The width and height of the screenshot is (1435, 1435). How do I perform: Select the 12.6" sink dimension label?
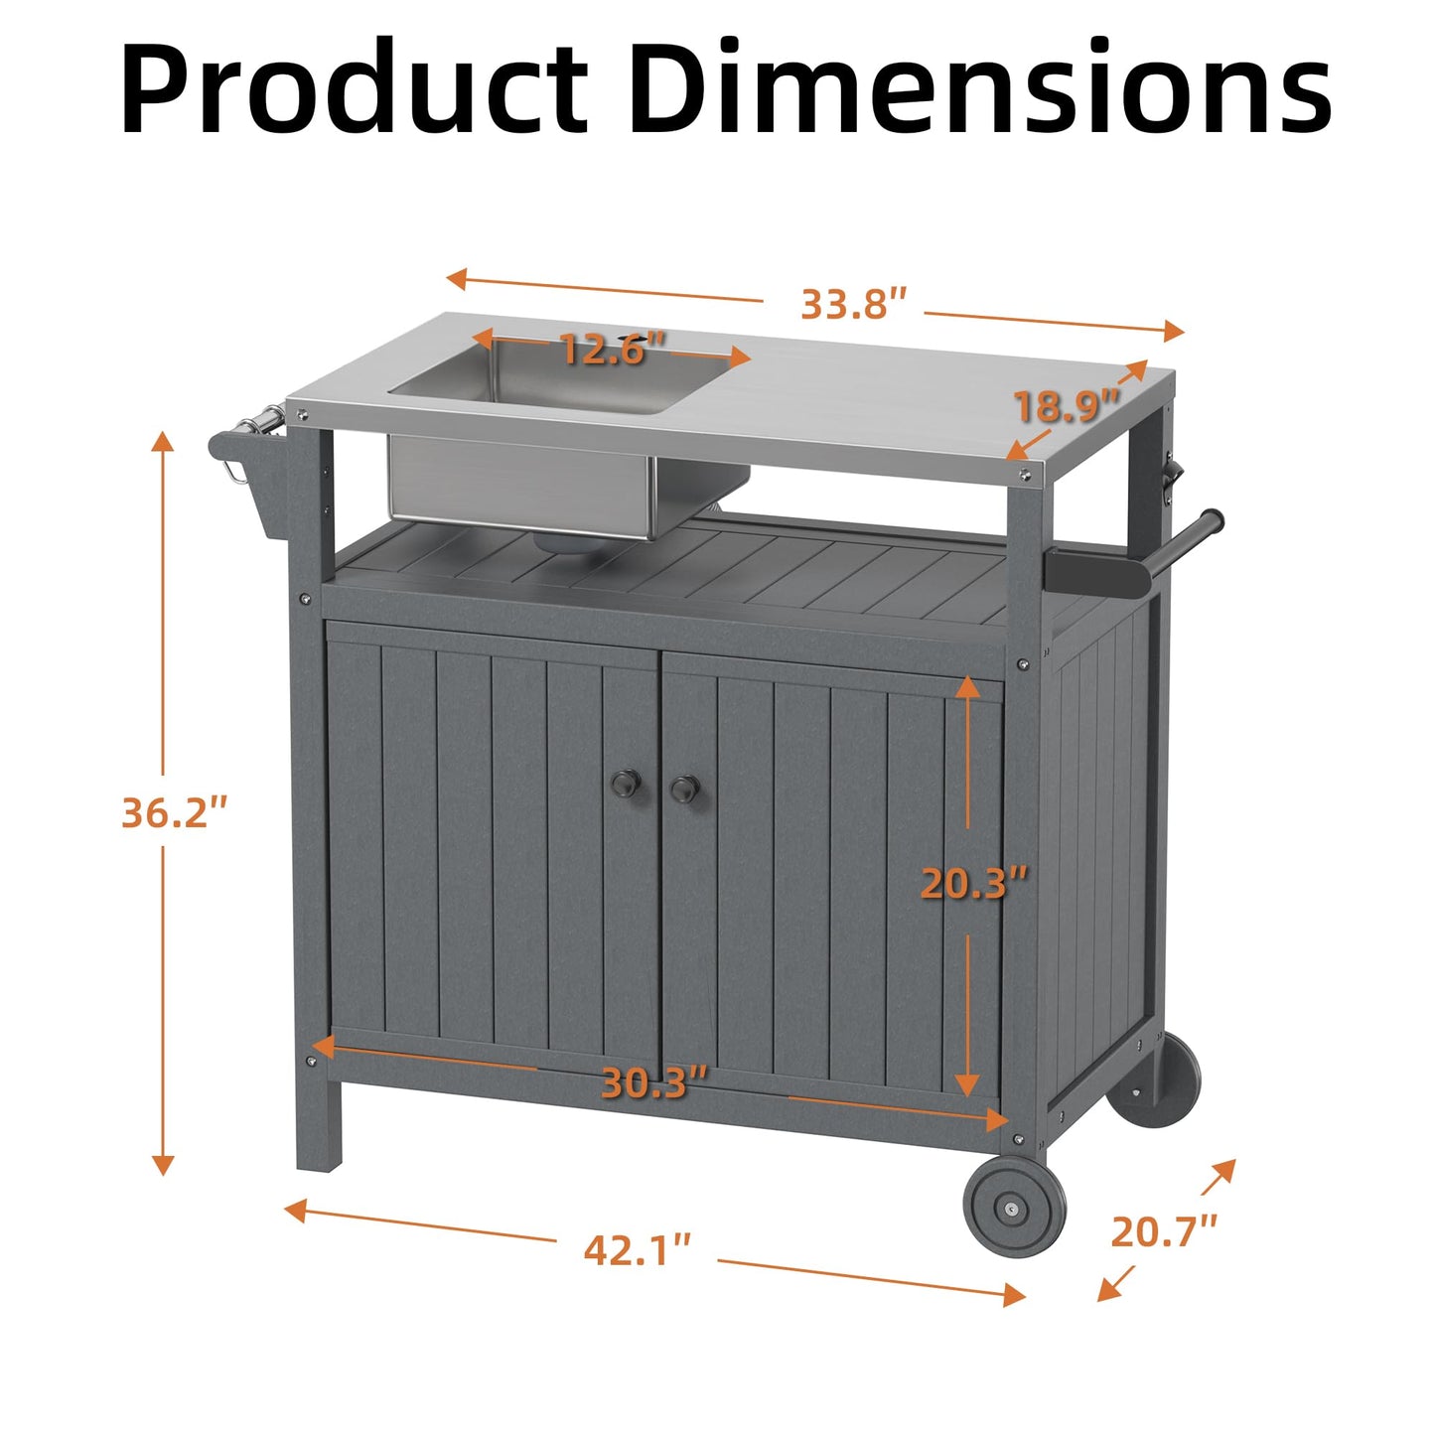click(612, 350)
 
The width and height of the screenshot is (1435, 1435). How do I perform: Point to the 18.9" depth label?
click(1066, 406)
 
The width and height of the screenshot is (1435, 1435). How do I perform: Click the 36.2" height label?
click(174, 812)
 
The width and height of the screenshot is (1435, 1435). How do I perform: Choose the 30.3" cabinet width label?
click(653, 1082)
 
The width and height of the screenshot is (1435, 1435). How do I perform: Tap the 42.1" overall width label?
click(637, 1249)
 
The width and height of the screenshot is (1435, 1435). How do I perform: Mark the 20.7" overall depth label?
click(1163, 1232)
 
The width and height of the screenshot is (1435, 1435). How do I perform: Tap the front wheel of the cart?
click(1014, 1206)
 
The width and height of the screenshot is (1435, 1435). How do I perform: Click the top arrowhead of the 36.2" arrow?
click(163, 441)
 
